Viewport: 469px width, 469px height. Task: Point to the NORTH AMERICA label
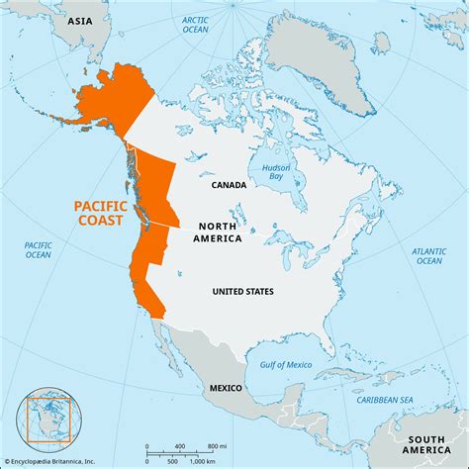pos(214,231)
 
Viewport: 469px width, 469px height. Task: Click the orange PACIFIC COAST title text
pos(103,214)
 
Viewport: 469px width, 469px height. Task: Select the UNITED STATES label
pos(243,291)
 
